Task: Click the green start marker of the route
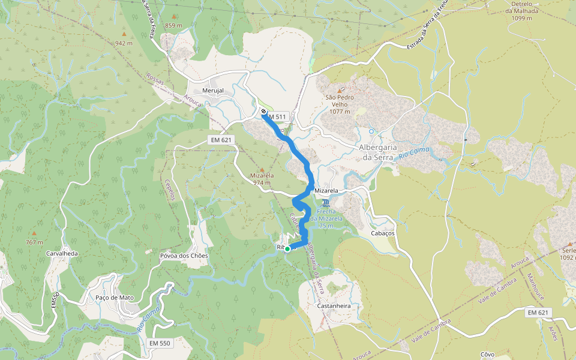287,249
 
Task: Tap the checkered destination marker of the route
264,111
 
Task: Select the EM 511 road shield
278,116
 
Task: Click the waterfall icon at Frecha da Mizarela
325,202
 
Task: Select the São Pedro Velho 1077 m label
340,104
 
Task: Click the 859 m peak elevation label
173,25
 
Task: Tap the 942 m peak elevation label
124,43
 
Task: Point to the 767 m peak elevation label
34,242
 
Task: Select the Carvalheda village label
62,253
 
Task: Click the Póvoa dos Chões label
184,256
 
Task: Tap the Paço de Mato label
115,298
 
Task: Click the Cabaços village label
382,233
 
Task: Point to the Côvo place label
488,355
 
